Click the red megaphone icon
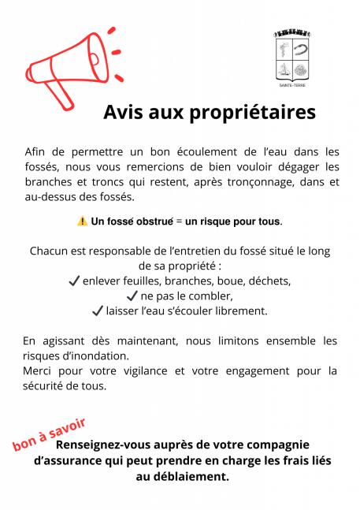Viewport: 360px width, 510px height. [69, 68]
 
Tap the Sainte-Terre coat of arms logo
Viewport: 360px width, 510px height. [292, 57]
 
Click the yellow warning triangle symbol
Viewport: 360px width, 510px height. [82, 221]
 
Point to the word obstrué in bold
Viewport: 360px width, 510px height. [150, 221]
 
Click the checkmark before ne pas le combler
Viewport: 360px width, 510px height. [132, 296]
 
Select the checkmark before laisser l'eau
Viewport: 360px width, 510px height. [98, 311]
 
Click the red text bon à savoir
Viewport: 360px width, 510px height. [49, 435]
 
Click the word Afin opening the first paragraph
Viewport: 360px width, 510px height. [36, 151]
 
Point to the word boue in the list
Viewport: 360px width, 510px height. [217, 281]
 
